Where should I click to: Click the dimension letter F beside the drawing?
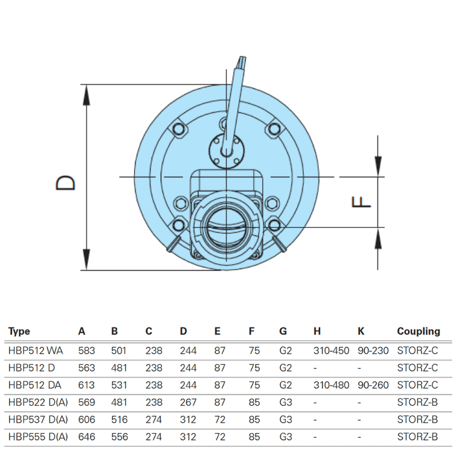[x=361, y=202]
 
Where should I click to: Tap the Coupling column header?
[x=418, y=331]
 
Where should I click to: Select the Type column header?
[x=19, y=331]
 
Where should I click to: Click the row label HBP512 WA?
[x=36, y=351]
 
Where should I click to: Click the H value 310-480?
[x=331, y=385]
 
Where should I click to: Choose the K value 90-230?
[x=373, y=351]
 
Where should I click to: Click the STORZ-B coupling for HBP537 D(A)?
[x=417, y=420]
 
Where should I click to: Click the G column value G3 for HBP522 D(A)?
[x=286, y=402]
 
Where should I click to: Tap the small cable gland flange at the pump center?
[x=226, y=149]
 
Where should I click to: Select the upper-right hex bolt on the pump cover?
[x=273, y=130]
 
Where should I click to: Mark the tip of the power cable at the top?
[x=242, y=59]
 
